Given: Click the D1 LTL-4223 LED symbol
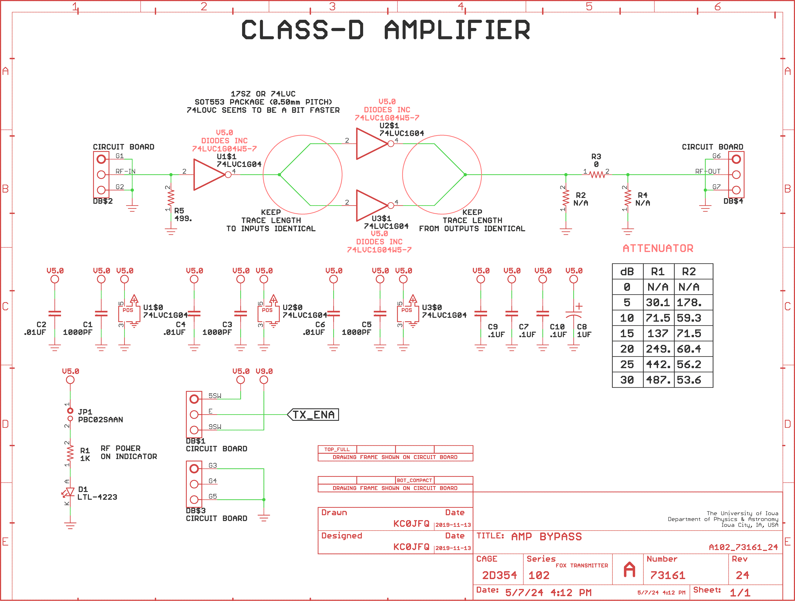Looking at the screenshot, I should pos(70,492).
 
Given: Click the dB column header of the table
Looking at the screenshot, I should pos(627,272).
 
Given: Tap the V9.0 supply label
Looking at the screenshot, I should pos(264,371).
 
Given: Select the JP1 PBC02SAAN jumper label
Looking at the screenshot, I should pos(100,416).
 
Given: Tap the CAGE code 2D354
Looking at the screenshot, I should pos(499,575).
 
